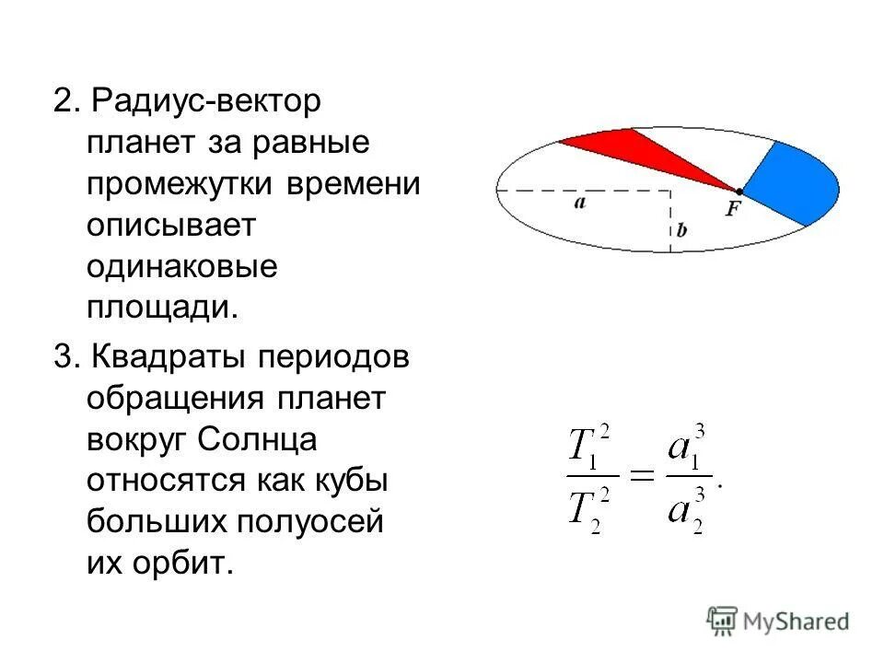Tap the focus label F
pos(733,209)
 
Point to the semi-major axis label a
pos(579,204)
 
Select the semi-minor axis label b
pos(681,230)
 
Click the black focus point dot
pos(739,191)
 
